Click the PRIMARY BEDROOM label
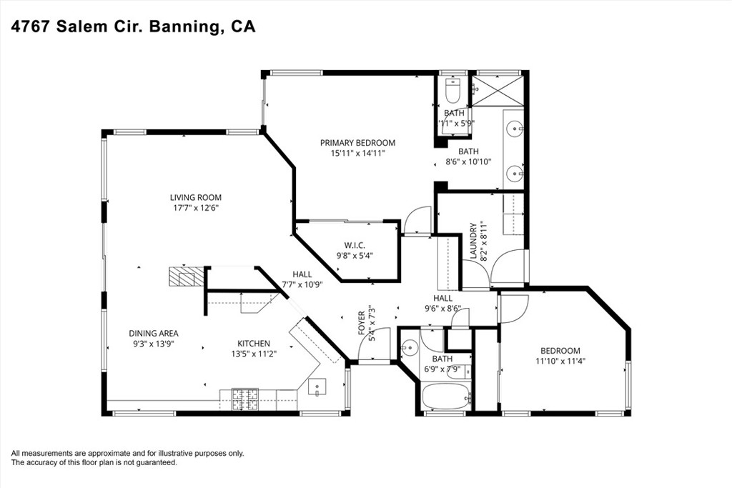[x=357, y=142]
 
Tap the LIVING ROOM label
[x=196, y=197]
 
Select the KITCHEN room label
[x=254, y=344]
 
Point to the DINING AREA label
[x=154, y=333]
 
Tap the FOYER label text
[x=362, y=323]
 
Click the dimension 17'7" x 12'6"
[x=196, y=208]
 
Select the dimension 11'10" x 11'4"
[x=560, y=362]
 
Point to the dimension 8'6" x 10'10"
[x=468, y=161]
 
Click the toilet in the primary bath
[x=452, y=91]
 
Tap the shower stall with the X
[x=500, y=91]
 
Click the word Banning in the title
[x=185, y=26]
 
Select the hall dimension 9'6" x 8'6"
[x=442, y=309]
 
